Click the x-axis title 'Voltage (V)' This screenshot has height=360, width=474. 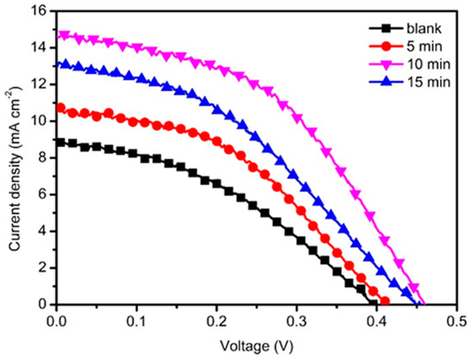click(x=255, y=343)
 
